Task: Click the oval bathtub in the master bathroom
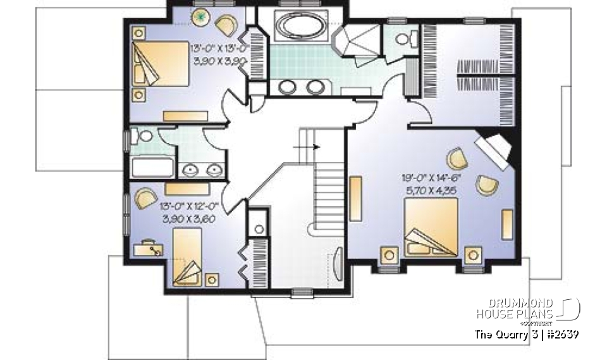click(300, 29)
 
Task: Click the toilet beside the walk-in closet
click(402, 40)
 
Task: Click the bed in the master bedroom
click(431, 228)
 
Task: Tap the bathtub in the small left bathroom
click(152, 168)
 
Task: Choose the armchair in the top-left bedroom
click(226, 25)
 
